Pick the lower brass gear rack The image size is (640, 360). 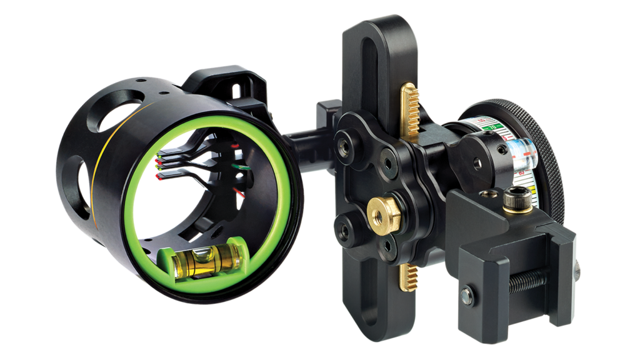point(407,276)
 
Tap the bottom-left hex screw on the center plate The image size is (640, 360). point(342,231)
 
